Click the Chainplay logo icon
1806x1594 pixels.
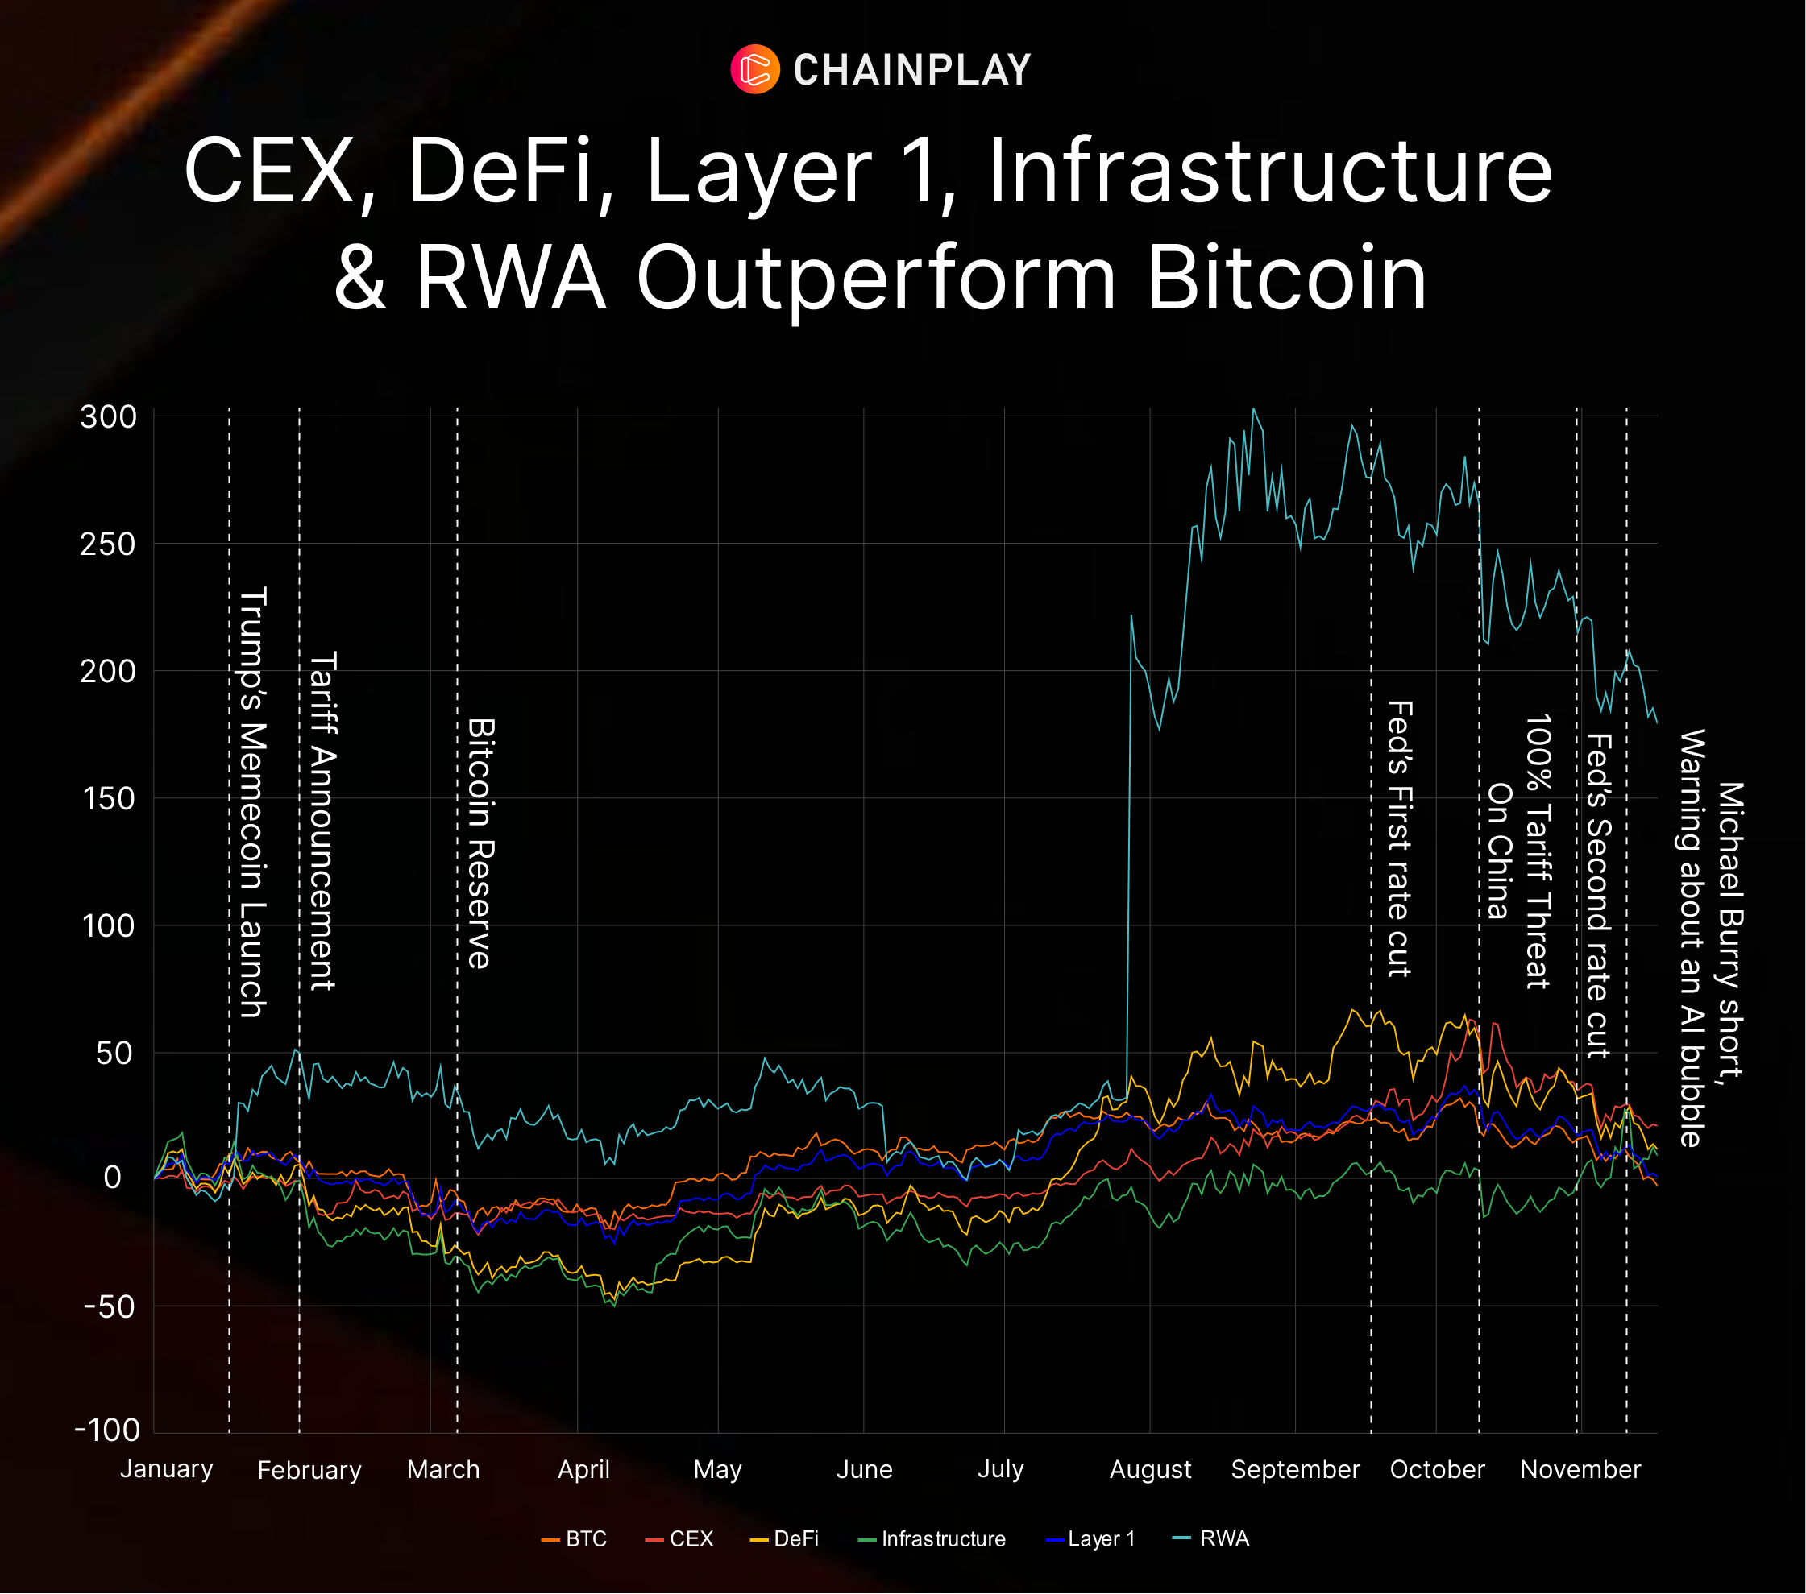(754, 69)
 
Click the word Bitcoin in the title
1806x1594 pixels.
(1286, 278)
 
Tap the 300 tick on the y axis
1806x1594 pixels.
(109, 417)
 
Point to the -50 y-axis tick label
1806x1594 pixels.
(109, 1306)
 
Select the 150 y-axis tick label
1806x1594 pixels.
(109, 798)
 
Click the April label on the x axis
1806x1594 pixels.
(583, 1469)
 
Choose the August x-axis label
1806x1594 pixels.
(1149, 1469)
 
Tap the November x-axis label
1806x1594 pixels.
(1580, 1469)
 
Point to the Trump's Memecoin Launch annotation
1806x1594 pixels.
(254, 802)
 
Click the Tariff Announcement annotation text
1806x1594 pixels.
(322, 822)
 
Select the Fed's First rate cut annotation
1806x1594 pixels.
(1400, 839)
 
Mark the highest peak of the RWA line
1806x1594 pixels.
(1254, 409)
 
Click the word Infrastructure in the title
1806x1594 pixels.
(1268, 171)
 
